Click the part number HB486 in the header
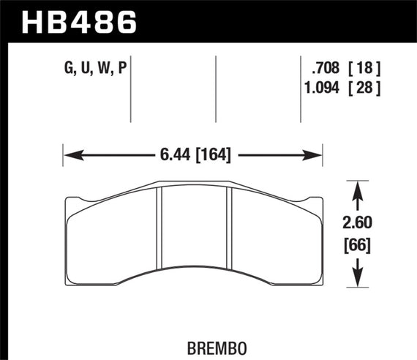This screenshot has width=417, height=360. pyautogui.click(x=81, y=21)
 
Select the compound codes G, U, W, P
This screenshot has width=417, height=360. pyautogui.click(x=94, y=71)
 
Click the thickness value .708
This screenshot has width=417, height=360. pyautogui.click(x=324, y=71)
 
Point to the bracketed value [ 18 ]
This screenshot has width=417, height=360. pyautogui.click(x=365, y=71)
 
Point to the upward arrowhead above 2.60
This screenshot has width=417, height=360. pyautogui.click(x=356, y=188)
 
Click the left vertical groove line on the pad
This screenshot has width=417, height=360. pyautogui.click(x=160, y=234)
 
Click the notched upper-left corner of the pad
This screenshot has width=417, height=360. pyautogui.click(x=69, y=201)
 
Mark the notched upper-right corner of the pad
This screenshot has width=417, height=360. pyautogui.click(x=320, y=201)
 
